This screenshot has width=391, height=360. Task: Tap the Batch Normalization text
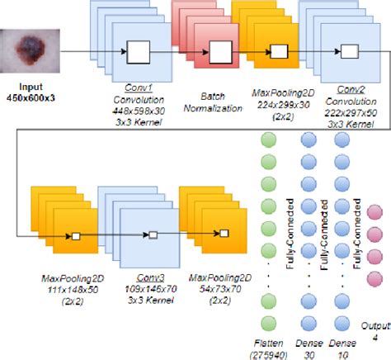point(214,101)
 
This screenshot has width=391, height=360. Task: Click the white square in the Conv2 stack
point(349,51)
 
